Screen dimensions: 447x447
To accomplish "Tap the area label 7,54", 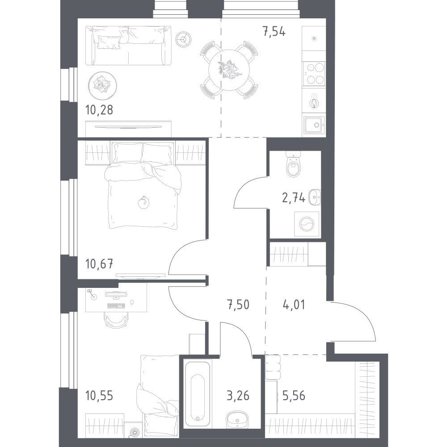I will click(273, 32).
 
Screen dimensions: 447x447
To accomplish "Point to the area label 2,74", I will click(294, 198).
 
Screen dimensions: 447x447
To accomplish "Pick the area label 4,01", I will click(294, 305).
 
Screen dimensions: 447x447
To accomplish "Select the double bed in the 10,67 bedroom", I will click(143, 188).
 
